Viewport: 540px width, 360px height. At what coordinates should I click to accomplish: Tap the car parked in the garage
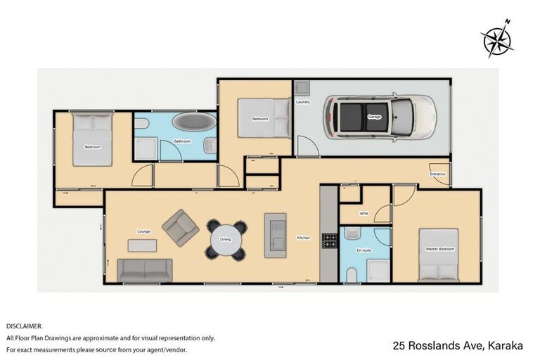click(378, 117)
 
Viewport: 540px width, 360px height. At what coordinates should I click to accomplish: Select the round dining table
click(226, 239)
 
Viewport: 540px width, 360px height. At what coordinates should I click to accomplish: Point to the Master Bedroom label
click(439, 250)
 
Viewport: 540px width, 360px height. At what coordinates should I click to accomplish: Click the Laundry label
click(303, 103)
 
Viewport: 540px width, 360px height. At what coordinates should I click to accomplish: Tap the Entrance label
click(437, 174)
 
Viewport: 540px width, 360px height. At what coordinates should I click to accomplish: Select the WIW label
click(364, 212)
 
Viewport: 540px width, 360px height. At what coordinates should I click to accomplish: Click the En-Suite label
click(363, 250)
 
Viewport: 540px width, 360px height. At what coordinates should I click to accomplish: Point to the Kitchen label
click(303, 238)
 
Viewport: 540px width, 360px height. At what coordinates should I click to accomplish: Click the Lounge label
click(144, 231)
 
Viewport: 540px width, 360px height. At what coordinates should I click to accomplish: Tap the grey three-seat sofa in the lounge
click(144, 270)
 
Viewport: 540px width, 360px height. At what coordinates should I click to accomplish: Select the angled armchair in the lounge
click(180, 227)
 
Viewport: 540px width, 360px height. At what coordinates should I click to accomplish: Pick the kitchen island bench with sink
click(275, 235)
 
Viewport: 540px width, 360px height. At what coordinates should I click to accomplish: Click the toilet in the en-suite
click(352, 273)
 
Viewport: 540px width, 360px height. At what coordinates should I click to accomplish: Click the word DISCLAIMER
click(25, 326)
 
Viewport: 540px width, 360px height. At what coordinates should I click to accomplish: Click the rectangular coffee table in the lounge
click(142, 245)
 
